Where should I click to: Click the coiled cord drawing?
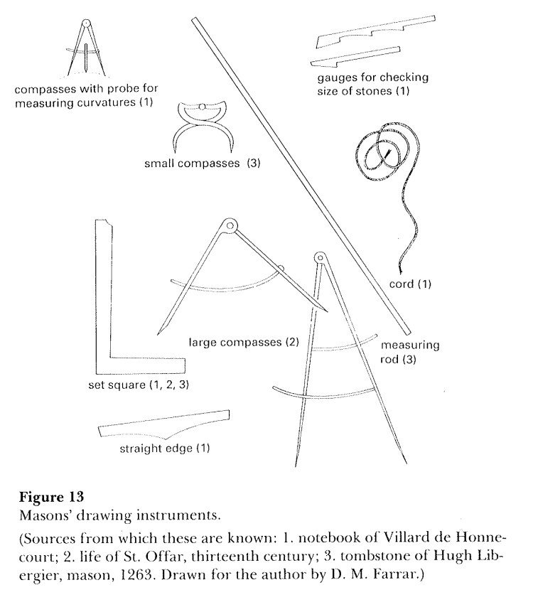click(383, 156)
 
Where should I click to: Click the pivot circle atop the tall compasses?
click(319, 257)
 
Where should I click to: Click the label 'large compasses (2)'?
click(243, 343)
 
